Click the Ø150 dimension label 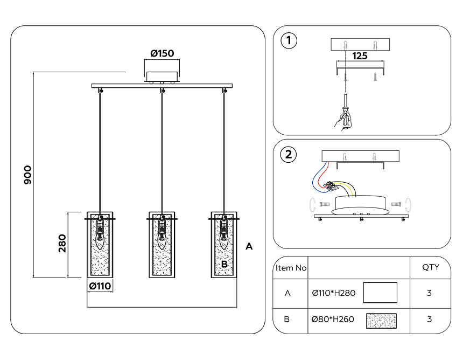pyautogui.click(x=162, y=53)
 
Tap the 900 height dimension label pyautogui.click(x=28, y=175)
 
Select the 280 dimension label pyautogui.click(x=62, y=243)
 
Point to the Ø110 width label pyautogui.click(x=100, y=286)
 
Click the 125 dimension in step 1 pyautogui.click(x=360, y=56)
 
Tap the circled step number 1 pyautogui.click(x=289, y=40)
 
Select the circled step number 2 pyautogui.click(x=289, y=154)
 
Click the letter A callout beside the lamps pyautogui.click(x=249, y=246)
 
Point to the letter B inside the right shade pyautogui.click(x=225, y=264)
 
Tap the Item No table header pyautogui.click(x=291, y=268)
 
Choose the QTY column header pyautogui.click(x=431, y=267)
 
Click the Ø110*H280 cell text pyautogui.click(x=334, y=293)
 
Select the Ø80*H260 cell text pyautogui.click(x=333, y=319)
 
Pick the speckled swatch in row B pyautogui.click(x=381, y=321)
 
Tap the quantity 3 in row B pyautogui.click(x=429, y=319)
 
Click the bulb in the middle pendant pyautogui.click(x=162, y=240)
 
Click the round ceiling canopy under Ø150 pyautogui.click(x=162, y=77)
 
